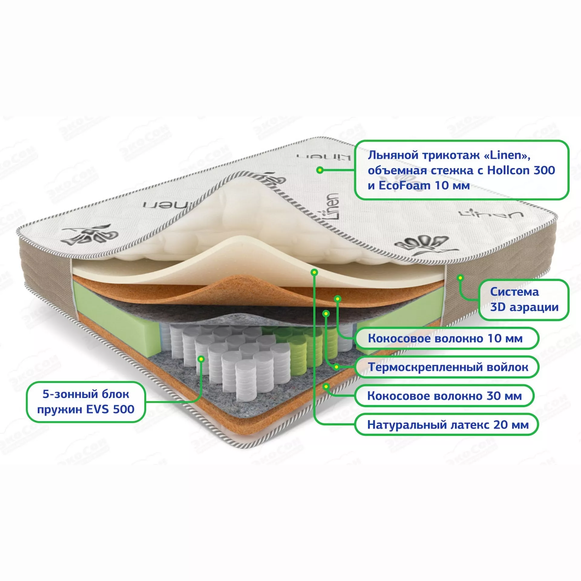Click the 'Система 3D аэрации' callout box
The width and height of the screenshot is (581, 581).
[x=524, y=300]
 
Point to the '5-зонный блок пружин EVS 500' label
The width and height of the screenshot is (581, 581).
[x=86, y=402]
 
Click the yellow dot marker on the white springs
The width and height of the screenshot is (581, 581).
[x=201, y=359]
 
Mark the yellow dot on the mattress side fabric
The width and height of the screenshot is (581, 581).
[x=460, y=277]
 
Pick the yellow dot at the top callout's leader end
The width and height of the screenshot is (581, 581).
[x=320, y=170]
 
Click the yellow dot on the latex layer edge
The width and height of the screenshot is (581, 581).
[x=315, y=272]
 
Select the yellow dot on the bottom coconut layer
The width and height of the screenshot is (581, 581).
[x=326, y=386]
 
